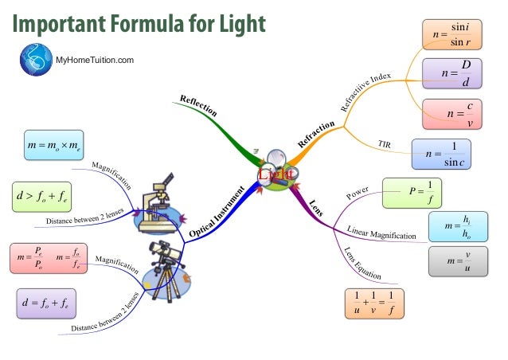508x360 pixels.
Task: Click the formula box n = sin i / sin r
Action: tap(451, 36)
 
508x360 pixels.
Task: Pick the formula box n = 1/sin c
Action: tap(443, 154)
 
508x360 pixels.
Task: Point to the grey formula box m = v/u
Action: tap(456, 261)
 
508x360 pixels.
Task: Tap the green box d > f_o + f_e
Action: tap(44, 193)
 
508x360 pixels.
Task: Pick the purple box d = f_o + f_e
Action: tap(47, 303)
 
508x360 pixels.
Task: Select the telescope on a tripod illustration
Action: tap(168, 264)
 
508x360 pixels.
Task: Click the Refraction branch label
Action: tap(316, 131)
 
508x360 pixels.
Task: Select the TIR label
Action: tap(383, 144)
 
